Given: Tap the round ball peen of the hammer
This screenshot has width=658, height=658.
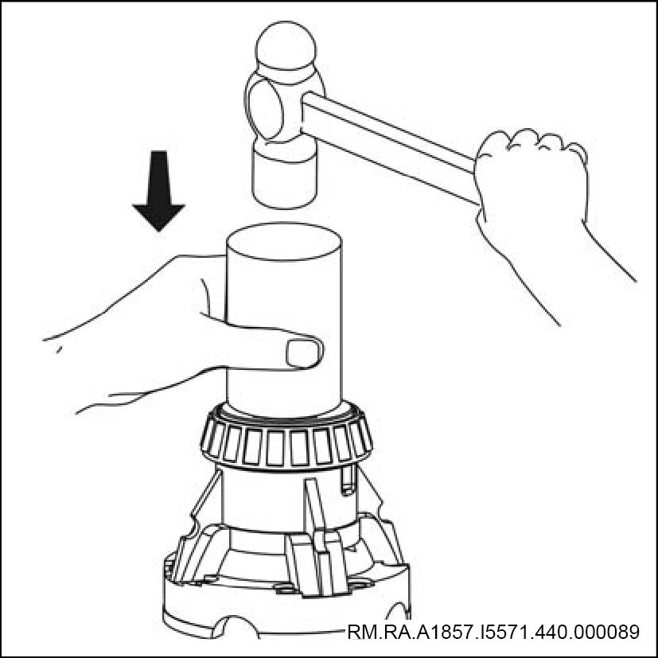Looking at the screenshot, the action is tap(286, 47).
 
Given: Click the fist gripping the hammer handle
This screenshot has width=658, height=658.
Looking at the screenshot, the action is tap(531, 177).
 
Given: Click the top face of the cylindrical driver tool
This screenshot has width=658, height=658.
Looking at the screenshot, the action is tap(284, 241).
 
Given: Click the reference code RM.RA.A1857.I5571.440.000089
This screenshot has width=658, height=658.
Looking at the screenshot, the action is tap(493, 632).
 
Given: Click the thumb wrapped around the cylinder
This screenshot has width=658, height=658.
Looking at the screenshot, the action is tap(269, 344).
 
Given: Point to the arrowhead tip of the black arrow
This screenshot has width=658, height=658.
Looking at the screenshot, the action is tap(158, 231).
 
